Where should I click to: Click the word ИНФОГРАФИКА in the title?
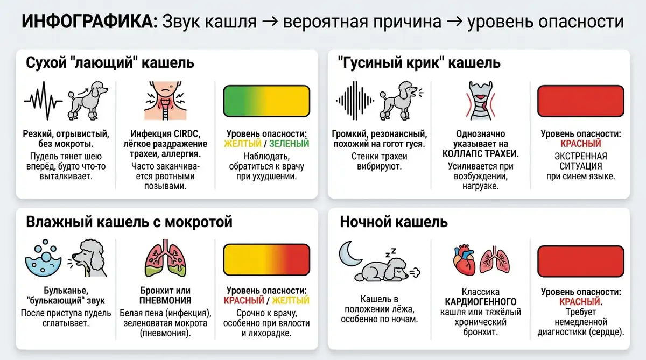89,23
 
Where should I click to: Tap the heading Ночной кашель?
394,222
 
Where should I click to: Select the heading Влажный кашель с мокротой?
129,221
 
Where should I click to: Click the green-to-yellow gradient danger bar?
266,102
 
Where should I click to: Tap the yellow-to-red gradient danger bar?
266,260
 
